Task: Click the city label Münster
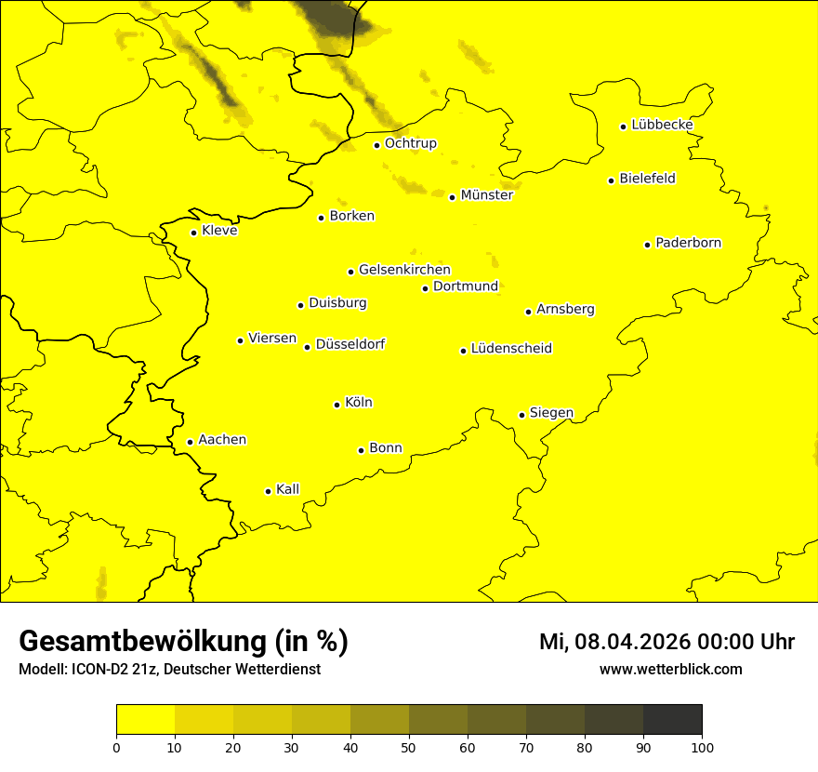pyautogui.click(x=486, y=195)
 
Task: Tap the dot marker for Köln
pyautogui.click(x=336, y=405)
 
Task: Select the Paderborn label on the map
pyautogui.click(x=688, y=243)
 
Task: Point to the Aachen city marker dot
pyautogui.click(x=190, y=442)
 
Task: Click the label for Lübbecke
pyautogui.click(x=662, y=125)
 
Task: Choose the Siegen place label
pyautogui.click(x=551, y=413)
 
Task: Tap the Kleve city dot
pyautogui.click(x=193, y=233)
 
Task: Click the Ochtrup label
pyautogui.click(x=410, y=143)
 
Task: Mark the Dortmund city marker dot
pyautogui.click(x=425, y=288)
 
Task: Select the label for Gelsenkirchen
pyautogui.click(x=404, y=270)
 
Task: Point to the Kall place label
pyautogui.click(x=288, y=489)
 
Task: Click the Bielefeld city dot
pyautogui.click(x=611, y=180)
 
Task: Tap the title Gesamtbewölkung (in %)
pyautogui.click(x=183, y=642)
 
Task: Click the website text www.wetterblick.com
pyautogui.click(x=670, y=670)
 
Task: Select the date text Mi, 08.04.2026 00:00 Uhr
pyautogui.click(x=666, y=642)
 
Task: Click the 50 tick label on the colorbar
pyautogui.click(x=409, y=747)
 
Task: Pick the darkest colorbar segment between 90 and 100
pyautogui.click(x=672, y=720)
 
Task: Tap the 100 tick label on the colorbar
pyautogui.click(x=702, y=747)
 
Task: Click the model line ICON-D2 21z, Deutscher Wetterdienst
pyautogui.click(x=169, y=670)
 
